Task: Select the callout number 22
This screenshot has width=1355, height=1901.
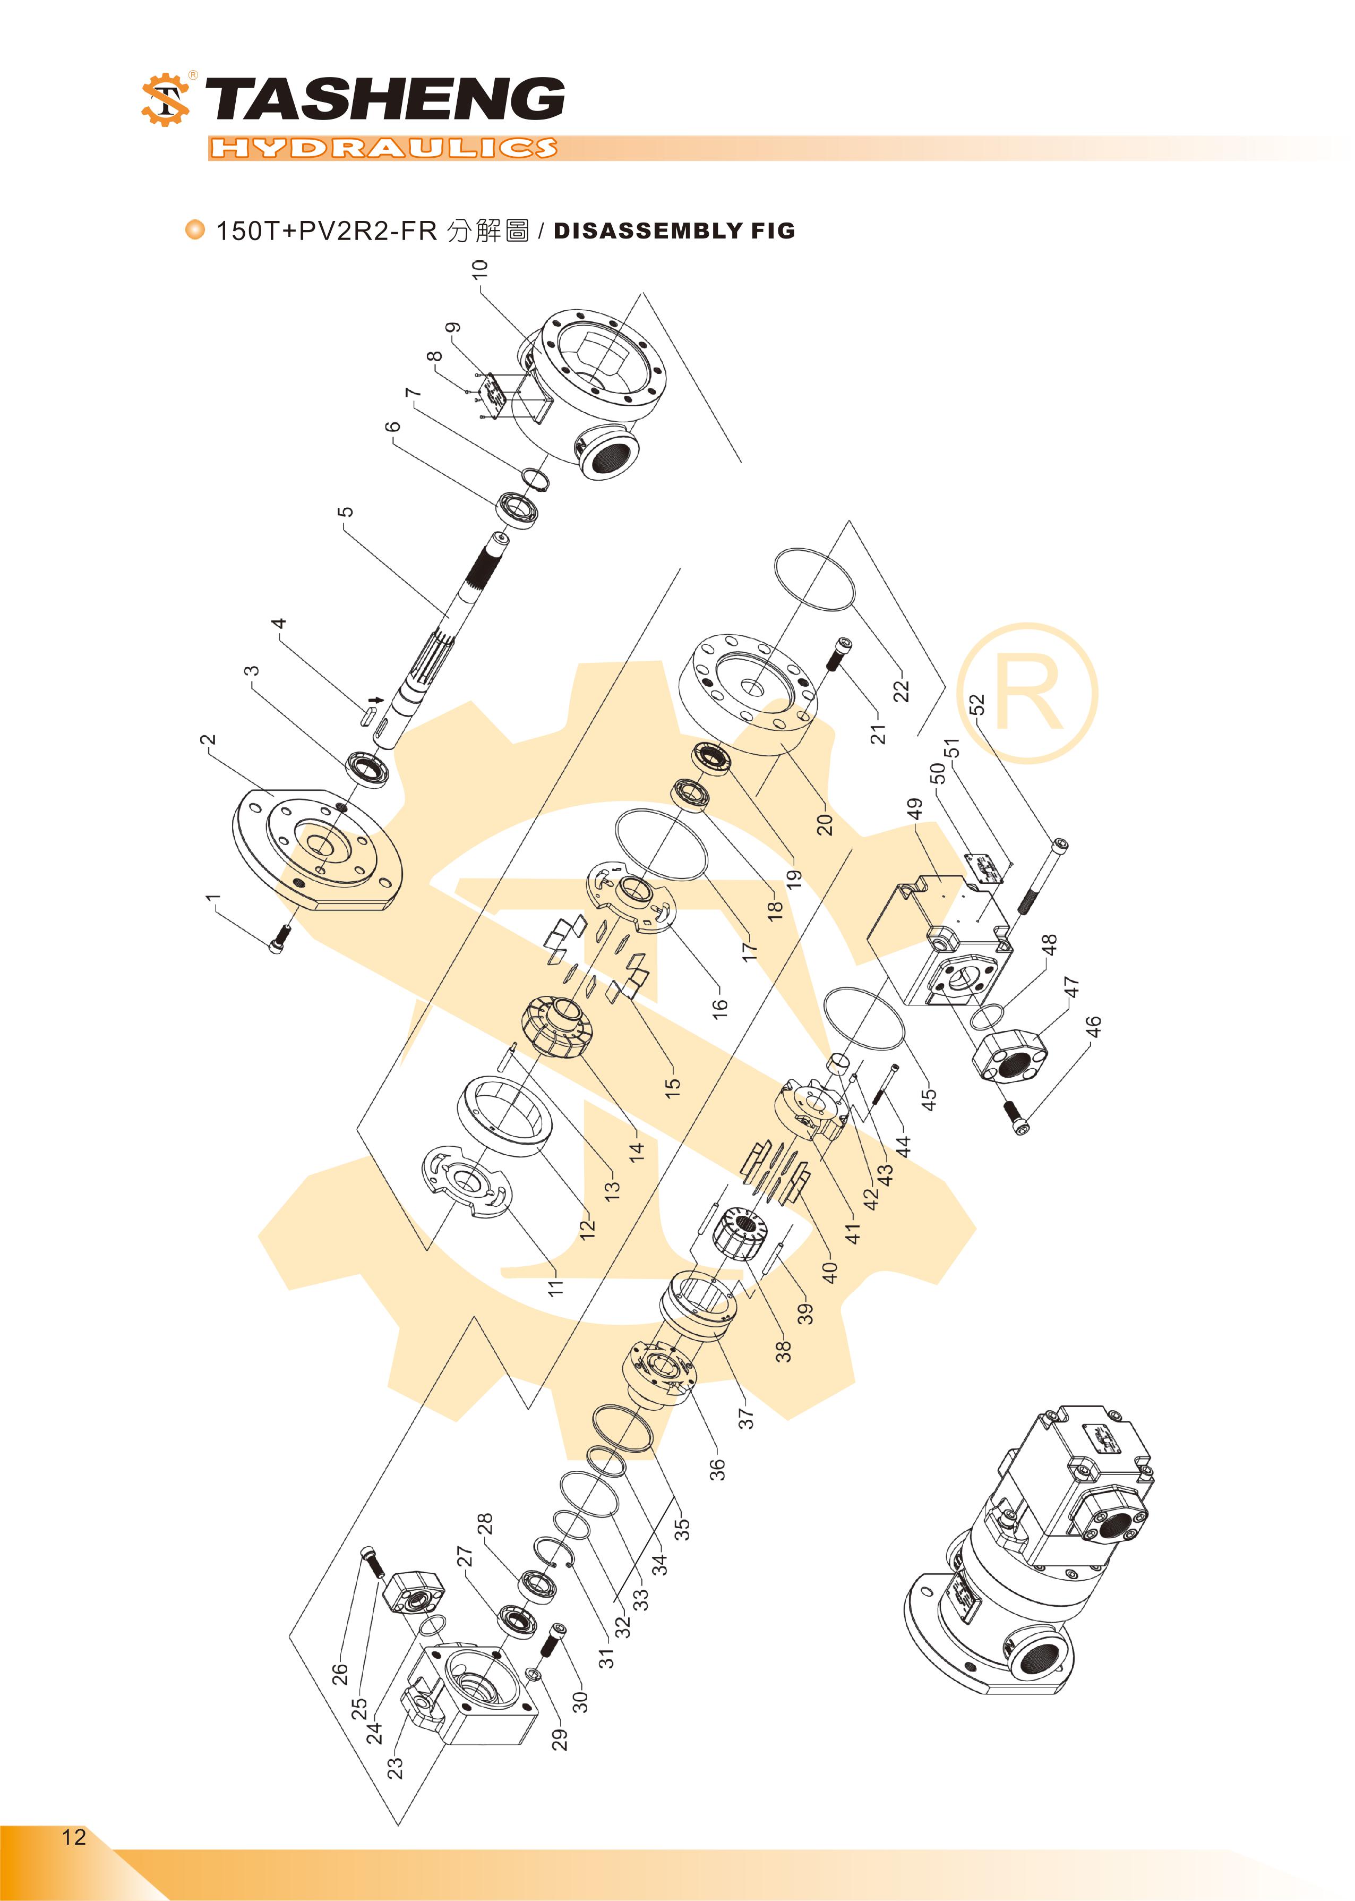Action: [901, 691]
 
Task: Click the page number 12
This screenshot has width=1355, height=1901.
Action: [73, 1837]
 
